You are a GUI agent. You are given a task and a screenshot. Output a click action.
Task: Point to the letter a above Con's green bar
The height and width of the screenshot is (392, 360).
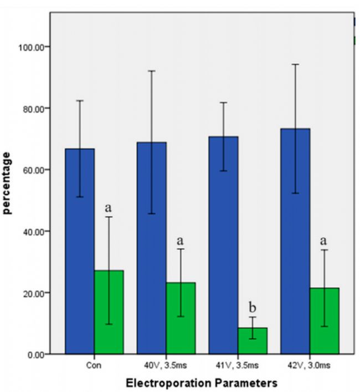(109, 208)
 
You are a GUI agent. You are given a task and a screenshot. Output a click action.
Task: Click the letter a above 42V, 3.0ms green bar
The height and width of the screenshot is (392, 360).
(324, 241)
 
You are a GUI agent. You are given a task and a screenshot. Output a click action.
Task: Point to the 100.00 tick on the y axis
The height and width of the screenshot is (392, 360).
(32, 47)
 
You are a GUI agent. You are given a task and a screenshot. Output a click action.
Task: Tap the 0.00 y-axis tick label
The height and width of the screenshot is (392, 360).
(35, 354)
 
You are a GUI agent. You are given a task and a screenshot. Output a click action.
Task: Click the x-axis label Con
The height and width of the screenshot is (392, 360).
(94, 365)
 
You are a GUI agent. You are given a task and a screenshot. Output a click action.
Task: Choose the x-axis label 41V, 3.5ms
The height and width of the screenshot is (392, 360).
(238, 365)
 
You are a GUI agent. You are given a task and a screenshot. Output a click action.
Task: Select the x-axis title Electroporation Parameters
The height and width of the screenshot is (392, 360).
(201, 383)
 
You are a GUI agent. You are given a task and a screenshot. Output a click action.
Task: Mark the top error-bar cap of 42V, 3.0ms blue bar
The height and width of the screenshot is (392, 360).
(295, 64)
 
